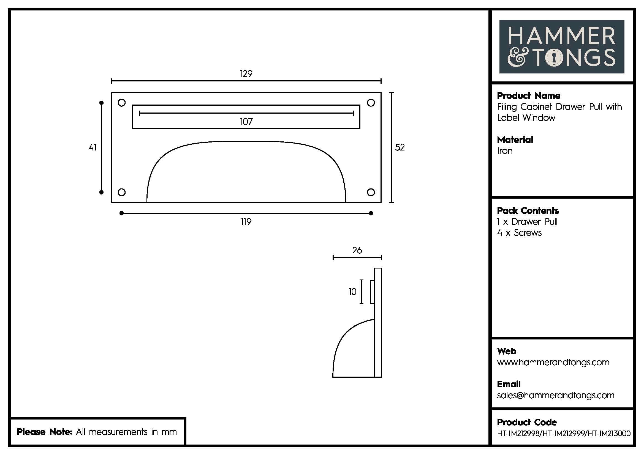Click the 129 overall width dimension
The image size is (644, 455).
pos(246,74)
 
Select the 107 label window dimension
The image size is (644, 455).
pos(246,122)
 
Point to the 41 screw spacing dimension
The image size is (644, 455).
pos(93,147)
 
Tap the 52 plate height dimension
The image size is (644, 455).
pos(400,147)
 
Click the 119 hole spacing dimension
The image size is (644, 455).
pos(246,222)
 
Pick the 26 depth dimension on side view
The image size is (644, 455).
pos(357,250)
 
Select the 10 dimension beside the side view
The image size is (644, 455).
pos(353,292)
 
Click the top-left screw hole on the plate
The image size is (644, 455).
pos(121,103)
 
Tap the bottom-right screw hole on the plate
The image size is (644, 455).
pos(371,192)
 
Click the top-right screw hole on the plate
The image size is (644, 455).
pos(371,103)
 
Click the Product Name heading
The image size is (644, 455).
pos(528,96)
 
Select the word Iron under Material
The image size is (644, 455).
pos(505,151)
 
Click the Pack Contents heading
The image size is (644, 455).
pos(528,211)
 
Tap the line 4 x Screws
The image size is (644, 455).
pos(519,233)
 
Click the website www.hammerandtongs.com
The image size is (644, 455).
pos(553,363)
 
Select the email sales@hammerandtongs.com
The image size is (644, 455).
pos(555,396)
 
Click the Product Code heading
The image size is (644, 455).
pos(526,422)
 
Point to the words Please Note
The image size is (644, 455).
pos(45,432)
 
